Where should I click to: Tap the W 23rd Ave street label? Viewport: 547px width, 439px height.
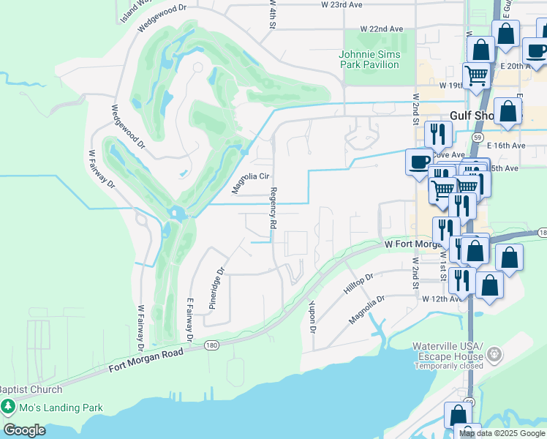342,4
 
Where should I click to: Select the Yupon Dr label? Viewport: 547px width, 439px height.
312,316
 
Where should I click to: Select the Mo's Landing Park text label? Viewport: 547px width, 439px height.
61,408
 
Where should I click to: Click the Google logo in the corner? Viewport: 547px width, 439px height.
24,430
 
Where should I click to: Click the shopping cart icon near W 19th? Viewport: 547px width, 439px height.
477,73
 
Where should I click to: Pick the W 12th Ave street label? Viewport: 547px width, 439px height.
442,299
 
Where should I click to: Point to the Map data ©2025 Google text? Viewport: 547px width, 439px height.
502,433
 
